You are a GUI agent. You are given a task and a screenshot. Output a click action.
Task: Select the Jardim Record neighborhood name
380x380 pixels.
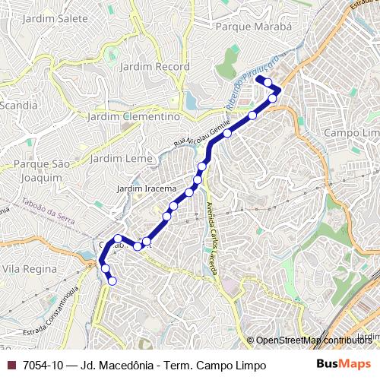(161, 67)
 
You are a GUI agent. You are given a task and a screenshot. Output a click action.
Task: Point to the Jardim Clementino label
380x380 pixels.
(134, 117)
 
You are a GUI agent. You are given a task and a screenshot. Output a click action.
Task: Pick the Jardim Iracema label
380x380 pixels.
(147, 188)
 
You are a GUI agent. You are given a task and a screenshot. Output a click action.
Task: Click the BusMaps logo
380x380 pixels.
(344, 365)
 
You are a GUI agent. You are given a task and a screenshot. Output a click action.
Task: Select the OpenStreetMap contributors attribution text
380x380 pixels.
(314, 341)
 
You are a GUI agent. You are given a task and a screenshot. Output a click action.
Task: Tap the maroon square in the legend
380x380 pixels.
(11, 366)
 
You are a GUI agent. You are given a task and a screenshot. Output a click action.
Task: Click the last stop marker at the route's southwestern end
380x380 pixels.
(112, 281)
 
